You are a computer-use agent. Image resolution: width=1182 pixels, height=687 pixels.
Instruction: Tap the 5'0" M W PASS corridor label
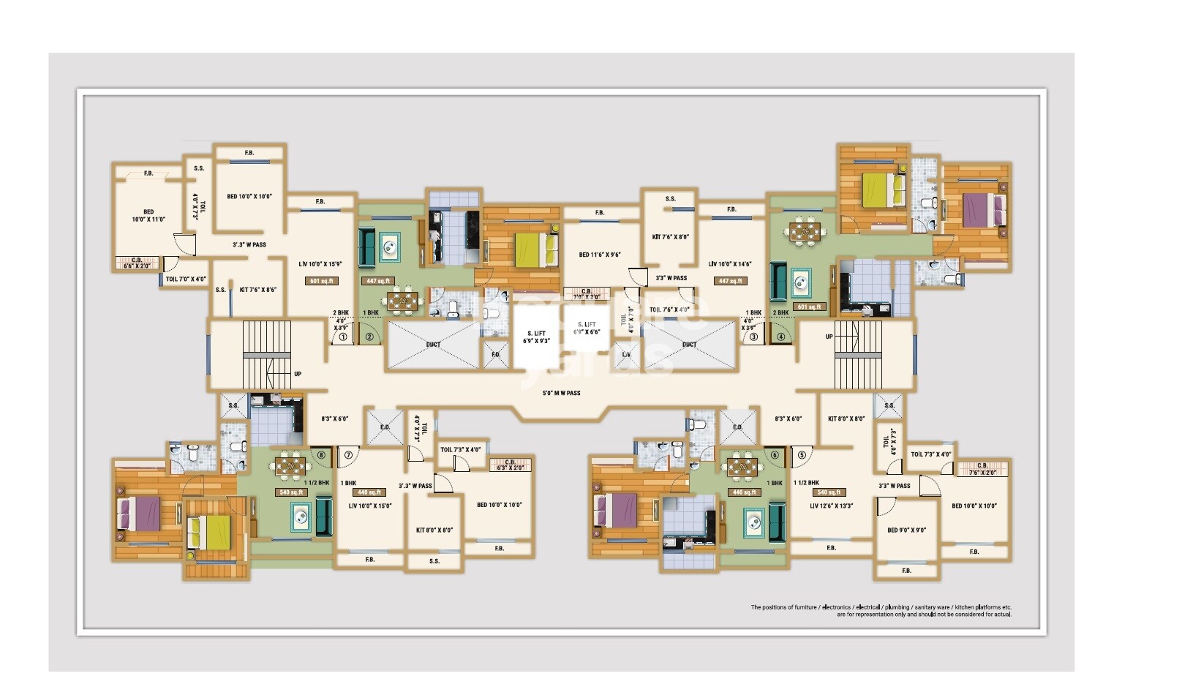click(x=561, y=393)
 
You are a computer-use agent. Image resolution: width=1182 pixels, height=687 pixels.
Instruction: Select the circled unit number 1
click(x=342, y=337)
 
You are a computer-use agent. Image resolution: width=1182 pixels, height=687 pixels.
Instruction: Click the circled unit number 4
click(x=780, y=337)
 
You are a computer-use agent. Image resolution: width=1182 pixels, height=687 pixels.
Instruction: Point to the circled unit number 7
click(x=348, y=455)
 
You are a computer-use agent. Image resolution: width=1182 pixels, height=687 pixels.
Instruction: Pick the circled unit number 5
click(x=802, y=455)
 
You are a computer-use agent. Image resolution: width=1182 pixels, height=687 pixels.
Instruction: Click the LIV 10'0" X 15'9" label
click(x=320, y=264)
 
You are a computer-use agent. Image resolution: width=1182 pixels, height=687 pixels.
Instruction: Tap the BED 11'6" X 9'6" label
click(x=599, y=255)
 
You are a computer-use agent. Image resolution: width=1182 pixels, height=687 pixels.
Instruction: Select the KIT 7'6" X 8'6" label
click(x=257, y=290)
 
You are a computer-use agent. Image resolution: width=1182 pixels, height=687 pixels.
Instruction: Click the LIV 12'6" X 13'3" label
click(x=831, y=506)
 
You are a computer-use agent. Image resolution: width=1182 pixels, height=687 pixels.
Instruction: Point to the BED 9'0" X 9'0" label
click(x=906, y=530)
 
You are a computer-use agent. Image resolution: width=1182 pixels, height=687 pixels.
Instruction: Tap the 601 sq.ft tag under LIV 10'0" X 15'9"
click(x=321, y=281)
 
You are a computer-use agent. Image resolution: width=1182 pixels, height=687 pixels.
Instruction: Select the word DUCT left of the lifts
click(x=433, y=344)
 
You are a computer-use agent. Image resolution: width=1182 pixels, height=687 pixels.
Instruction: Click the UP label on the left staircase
click(x=298, y=374)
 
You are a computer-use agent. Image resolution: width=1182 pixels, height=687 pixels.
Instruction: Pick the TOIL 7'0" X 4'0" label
click(x=185, y=279)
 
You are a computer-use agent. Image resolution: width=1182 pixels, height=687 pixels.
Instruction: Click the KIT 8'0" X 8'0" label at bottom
click(x=434, y=530)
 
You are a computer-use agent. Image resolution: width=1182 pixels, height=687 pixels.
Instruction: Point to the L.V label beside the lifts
click(x=626, y=355)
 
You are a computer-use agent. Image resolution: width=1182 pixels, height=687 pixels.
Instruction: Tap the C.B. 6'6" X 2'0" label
click(x=137, y=263)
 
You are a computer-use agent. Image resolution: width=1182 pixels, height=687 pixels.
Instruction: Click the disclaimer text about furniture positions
click(x=881, y=610)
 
